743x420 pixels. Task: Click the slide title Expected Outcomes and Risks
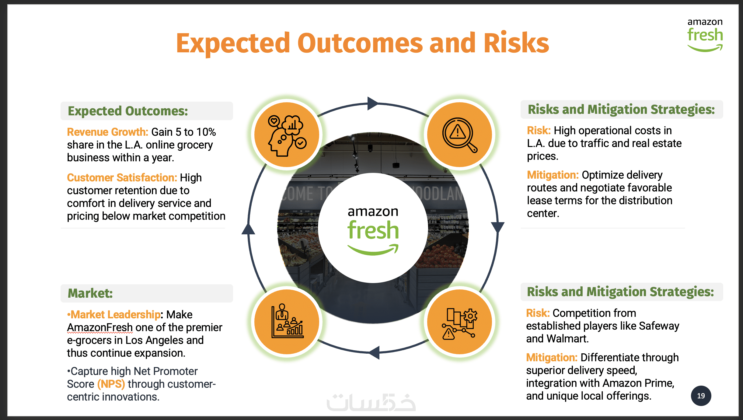(363, 43)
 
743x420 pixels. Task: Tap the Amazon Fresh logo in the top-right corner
(705, 35)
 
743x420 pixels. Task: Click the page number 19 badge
(701, 396)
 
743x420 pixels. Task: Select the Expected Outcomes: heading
(128, 111)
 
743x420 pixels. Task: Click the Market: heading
(90, 293)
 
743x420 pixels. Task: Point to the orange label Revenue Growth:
(107, 132)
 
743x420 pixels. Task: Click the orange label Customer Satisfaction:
(122, 178)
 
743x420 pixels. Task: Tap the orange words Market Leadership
(115, 315)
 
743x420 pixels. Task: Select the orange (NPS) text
(111, 384)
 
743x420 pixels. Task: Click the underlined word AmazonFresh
(100, 327)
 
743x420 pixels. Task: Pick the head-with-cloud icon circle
(287, 135)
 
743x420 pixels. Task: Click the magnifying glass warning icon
(459, 135)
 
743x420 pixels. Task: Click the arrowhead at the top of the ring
(373, 103)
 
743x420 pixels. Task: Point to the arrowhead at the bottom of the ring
(374, 353)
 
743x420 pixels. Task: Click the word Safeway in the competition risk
(659, 326)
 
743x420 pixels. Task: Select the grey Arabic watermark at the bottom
(371, 402)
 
